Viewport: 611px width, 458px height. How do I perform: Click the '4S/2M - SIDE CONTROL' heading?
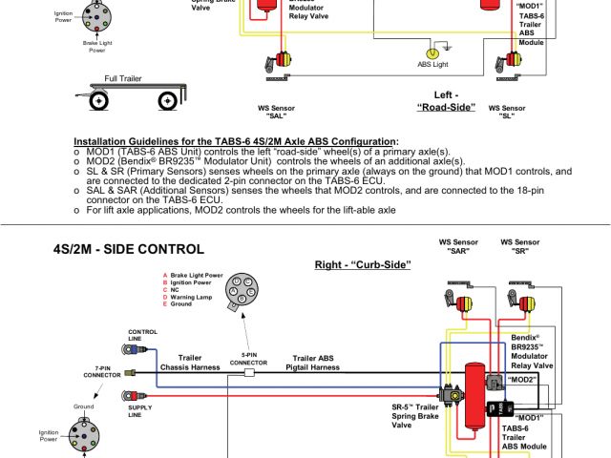tap(129, 249)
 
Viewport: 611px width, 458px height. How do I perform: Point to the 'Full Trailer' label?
tap(123, 78)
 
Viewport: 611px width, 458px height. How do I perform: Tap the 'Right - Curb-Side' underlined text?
tap(363, 263)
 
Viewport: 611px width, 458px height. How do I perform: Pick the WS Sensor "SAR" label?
tap(458, 246)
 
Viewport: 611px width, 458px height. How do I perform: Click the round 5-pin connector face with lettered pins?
tap(240, 290)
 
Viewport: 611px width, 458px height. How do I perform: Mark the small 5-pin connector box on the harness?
tap(248, 374)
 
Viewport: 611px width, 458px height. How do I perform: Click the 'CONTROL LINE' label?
tap(142, 336)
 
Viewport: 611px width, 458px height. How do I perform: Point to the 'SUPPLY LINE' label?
tap(140, 410)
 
